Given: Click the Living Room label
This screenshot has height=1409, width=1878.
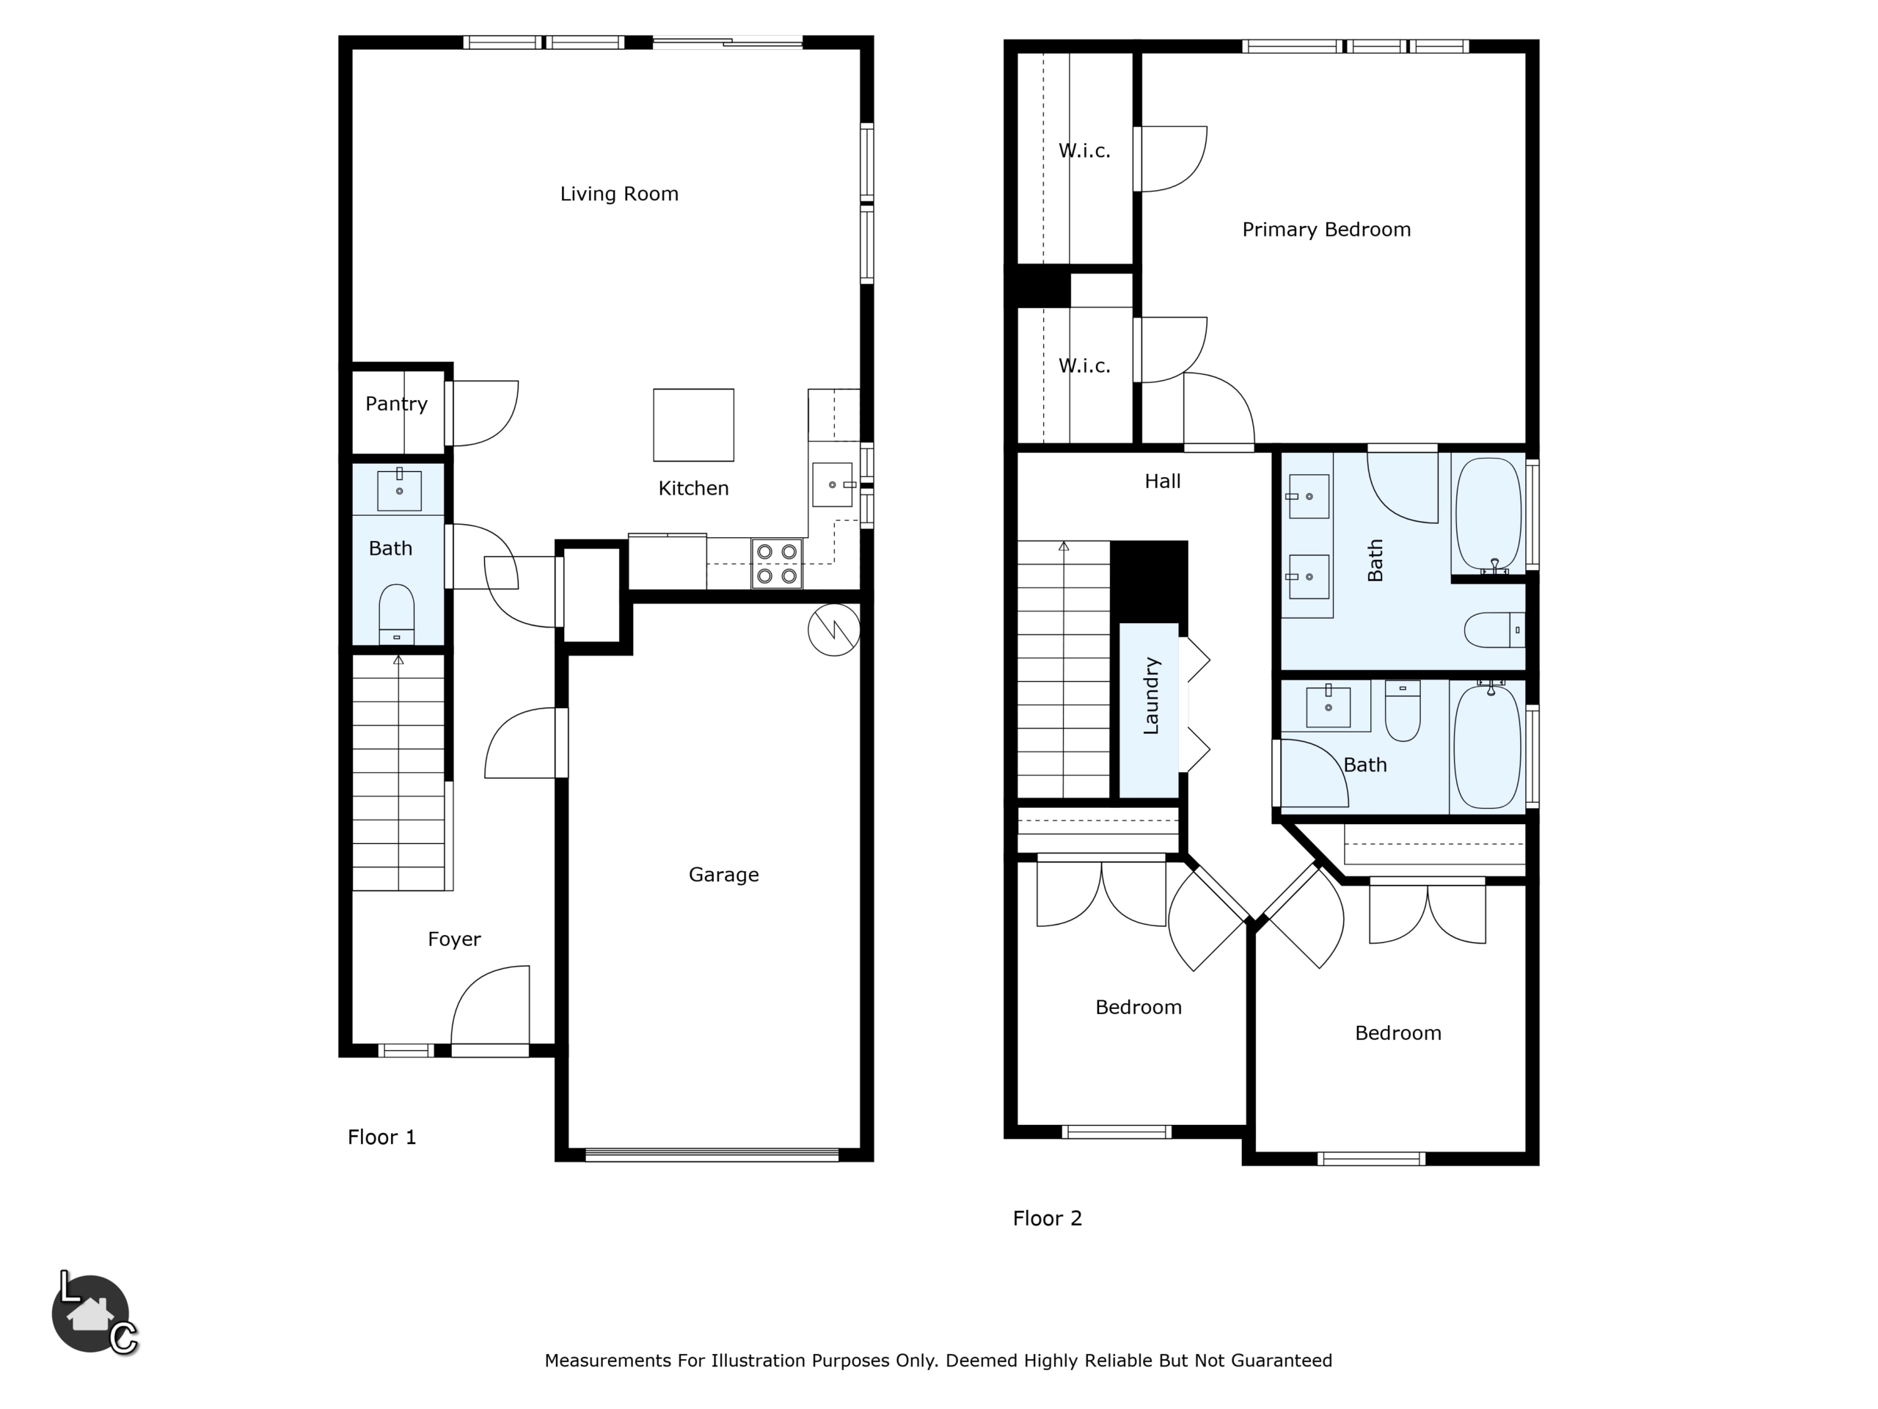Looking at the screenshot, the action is (x=619, y=194).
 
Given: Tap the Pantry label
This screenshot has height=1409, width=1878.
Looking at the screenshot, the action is (x=396, y=404).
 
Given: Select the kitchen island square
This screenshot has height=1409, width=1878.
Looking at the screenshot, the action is (x=694, y=425).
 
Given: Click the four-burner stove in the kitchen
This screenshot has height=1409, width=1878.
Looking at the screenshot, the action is (x=777, y=564).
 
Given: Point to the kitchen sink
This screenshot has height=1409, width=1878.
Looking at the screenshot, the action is (x=832, y=485).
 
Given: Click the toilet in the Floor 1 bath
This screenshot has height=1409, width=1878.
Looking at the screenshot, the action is (x=396, y=615).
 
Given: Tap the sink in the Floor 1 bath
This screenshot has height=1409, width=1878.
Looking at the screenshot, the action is (x=399, y=490).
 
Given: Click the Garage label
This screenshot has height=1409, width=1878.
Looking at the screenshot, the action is (x=723, y=874).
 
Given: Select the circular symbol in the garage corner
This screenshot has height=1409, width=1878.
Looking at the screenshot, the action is (x=833, y=630).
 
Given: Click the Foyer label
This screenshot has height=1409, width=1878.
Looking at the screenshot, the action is (x=454, y=939).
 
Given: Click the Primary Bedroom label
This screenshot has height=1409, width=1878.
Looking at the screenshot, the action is (x=1326, y=229).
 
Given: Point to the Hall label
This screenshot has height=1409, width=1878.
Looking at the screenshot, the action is (x=1162, y=481).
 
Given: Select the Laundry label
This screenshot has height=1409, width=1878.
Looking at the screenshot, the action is (x=1150, y=696).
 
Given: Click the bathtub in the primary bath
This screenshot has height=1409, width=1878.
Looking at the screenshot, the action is (x=1488, y=514).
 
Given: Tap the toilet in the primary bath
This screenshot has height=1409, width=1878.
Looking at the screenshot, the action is (x=1494, y=630).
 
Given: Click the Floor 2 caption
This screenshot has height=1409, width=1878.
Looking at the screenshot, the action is (x=1048, y=1218).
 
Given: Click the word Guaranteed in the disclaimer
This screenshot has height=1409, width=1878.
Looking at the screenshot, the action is (x=1281, y=1360).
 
